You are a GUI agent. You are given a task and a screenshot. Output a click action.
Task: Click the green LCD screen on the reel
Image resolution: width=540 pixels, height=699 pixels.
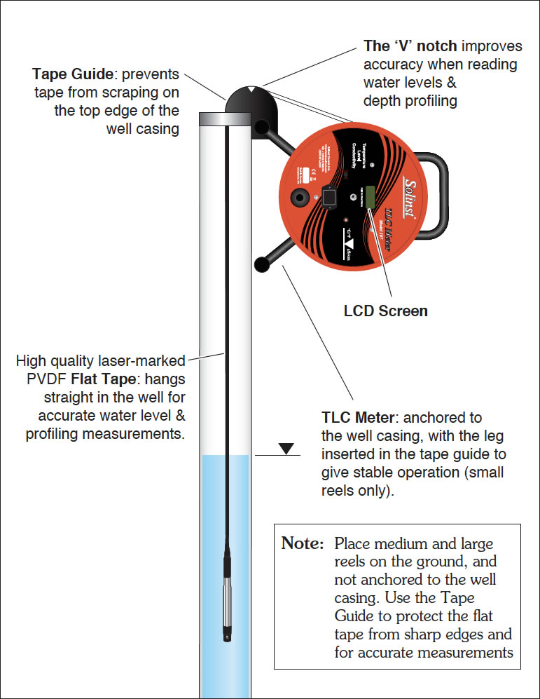(369, 198)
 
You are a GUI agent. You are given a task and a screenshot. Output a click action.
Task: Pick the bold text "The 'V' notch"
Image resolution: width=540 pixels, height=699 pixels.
(410, 46)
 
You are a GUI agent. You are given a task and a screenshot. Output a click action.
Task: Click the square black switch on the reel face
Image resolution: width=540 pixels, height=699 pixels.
(327, 199)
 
